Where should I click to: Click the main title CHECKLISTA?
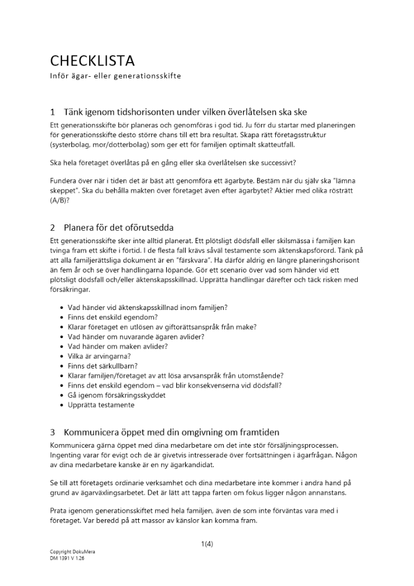click(92, 61)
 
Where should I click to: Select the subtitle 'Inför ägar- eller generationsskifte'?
click(115, 76)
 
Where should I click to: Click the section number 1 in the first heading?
click(53, 112)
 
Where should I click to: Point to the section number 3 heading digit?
click(53, 432)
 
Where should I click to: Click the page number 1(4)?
click(207, 544)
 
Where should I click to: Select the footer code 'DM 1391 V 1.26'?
click(67, 558)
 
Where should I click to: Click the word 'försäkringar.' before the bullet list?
click(71, 289)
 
